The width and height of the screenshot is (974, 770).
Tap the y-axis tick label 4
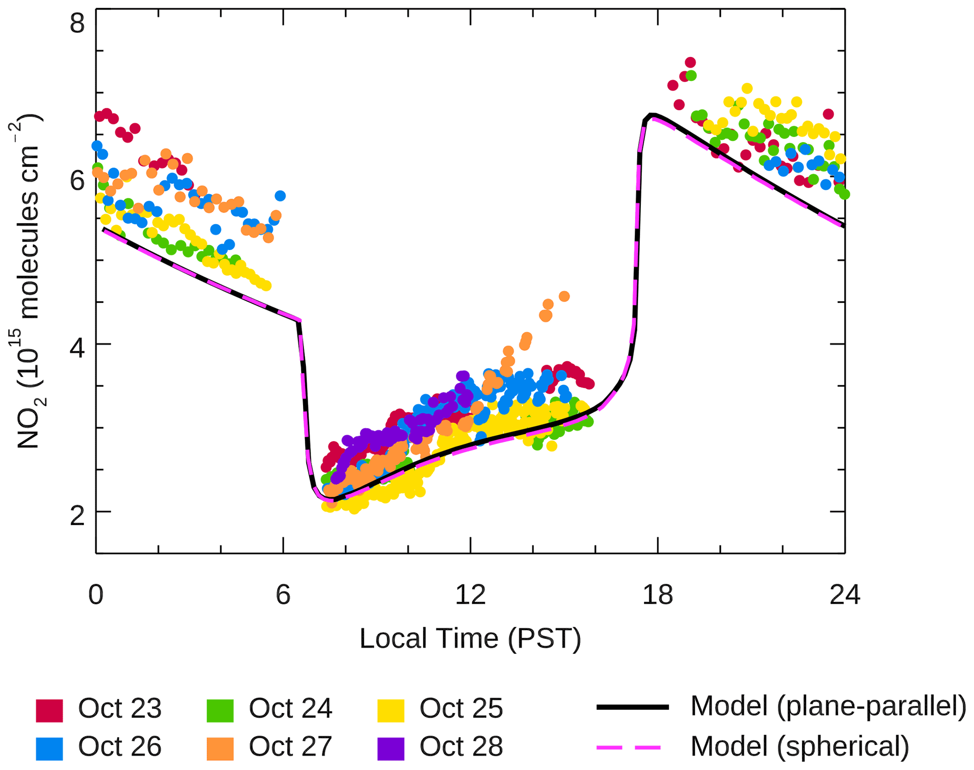77,349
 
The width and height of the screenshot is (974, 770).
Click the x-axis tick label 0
96,594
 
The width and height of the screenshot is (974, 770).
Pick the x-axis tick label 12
470,594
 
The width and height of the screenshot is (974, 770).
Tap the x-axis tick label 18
657,594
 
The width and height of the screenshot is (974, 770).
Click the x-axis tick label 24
844,594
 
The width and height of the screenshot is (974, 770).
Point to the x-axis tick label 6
283,594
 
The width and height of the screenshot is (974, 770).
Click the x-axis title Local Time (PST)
470,639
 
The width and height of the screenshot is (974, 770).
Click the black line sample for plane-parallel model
633,707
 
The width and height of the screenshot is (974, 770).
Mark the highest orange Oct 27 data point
564,296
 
